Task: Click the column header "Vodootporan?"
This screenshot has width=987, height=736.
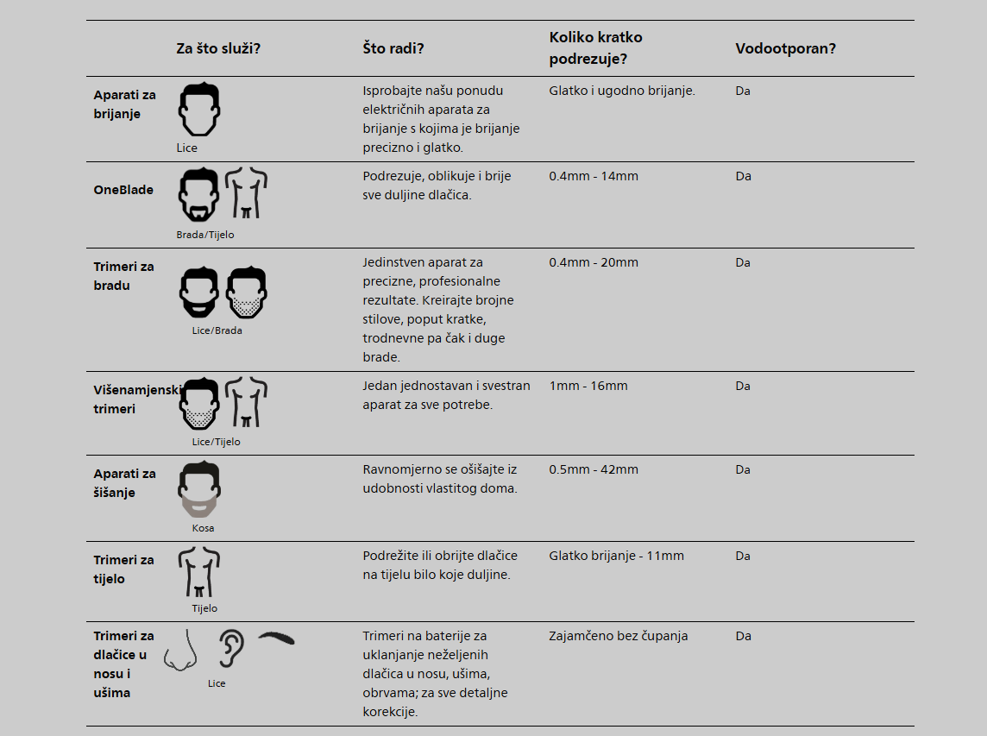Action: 786,48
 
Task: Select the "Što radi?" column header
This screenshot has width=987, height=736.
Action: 393,48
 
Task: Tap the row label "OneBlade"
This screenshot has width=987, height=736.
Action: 123,190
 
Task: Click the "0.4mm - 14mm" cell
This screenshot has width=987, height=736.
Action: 594,176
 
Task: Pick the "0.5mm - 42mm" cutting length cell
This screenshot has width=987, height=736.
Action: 594,469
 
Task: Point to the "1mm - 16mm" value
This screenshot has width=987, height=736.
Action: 588,386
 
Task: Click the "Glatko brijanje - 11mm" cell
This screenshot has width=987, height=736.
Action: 616,556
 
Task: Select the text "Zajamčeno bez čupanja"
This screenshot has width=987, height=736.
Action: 618,636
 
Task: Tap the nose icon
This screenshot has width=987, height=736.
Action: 180,651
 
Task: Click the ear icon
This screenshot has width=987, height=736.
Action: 231,649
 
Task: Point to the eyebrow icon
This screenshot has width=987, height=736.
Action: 276,638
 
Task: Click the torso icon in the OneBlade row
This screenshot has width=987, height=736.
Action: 246,192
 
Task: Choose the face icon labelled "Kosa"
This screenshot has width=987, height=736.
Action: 199,489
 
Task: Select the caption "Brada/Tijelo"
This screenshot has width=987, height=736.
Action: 205,235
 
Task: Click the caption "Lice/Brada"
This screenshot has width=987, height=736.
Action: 217,330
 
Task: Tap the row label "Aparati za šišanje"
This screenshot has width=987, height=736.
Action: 124,483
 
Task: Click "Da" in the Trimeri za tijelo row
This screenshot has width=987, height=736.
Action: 743,556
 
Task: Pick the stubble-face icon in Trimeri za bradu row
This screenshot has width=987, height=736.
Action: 247,293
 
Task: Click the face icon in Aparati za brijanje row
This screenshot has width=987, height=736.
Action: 199,109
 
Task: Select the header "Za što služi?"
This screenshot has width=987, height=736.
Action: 218,48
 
